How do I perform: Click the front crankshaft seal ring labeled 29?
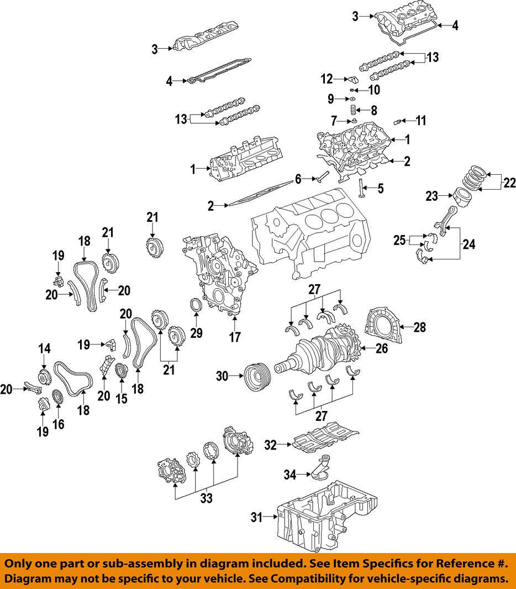point(196,305)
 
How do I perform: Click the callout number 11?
point(421,120)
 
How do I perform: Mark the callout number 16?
point(59,424)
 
